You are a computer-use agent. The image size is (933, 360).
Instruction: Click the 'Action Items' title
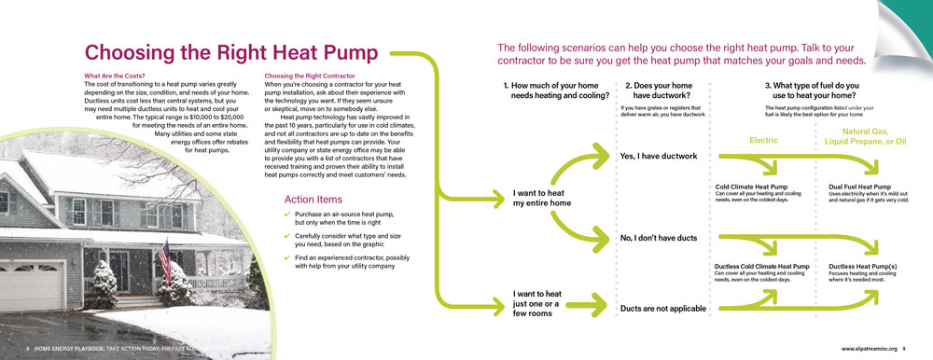(313, 200)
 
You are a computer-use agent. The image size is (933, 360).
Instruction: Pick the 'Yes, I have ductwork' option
(658, 156)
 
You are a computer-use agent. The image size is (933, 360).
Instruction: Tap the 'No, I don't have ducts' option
(658, 239)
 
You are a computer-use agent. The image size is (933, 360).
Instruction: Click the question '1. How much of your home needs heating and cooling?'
(556, 90)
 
